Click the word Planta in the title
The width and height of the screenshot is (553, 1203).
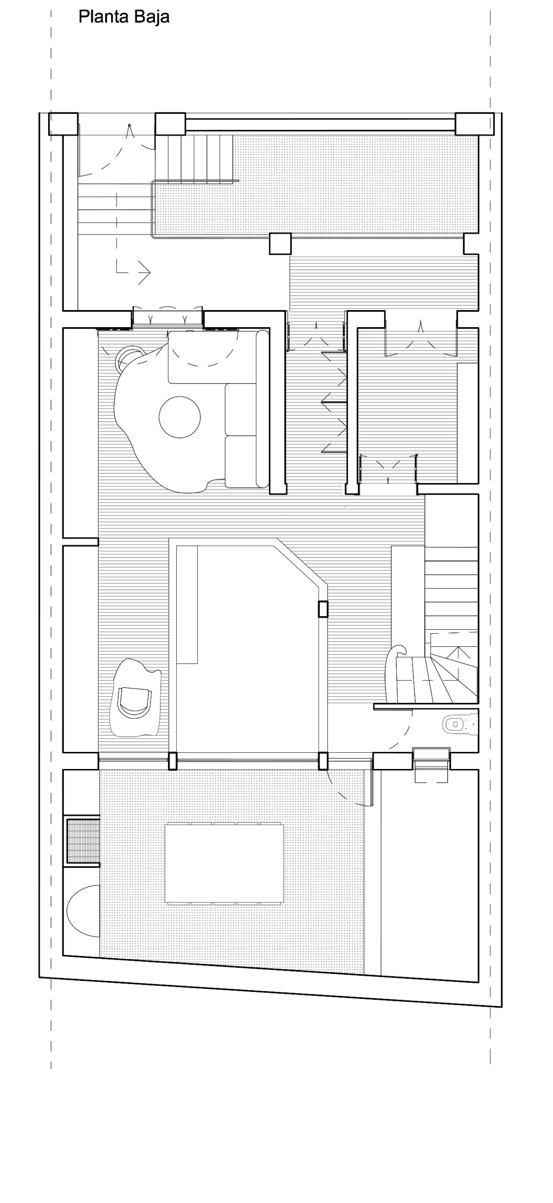[x=98, y=17]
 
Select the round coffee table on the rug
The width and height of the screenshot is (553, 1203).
[x=180, y=416]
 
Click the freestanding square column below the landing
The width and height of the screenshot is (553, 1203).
[x=280, y=244]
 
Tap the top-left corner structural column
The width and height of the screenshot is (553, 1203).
[x=63, y=124]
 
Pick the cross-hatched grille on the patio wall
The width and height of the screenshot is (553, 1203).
[x=83, y=841]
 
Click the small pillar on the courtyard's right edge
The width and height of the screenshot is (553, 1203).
[x=323, y=609]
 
